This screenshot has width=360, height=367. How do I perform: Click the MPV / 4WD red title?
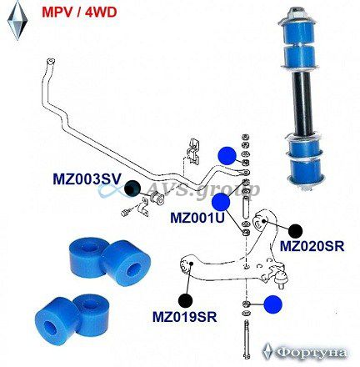(79, 13)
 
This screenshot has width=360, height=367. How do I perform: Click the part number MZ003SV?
(87, 179)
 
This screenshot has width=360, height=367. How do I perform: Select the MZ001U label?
(197, 218)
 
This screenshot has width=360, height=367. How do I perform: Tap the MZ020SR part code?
(312, 246)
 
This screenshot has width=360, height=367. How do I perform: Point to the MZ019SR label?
(185, 316)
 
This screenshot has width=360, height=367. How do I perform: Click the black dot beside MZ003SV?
(132, 189)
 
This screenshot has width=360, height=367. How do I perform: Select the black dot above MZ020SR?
(295, 230)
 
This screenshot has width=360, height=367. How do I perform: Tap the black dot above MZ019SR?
(185, 300)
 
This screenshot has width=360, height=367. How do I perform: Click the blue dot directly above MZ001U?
(221, 202)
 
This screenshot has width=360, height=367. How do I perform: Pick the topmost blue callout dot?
(227, 156)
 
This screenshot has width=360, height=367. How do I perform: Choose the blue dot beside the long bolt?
(272, 304)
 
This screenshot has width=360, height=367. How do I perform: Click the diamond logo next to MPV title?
(17, 20)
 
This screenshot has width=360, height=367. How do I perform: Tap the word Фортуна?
(312, 353)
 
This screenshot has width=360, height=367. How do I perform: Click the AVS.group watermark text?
(202, 190)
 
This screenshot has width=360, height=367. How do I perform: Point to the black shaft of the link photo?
(302, 102)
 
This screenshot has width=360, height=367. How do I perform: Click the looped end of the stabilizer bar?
(50, 62)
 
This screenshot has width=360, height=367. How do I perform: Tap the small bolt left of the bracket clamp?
(125, 212)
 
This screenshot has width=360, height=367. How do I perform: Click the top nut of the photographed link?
(295, 13)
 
